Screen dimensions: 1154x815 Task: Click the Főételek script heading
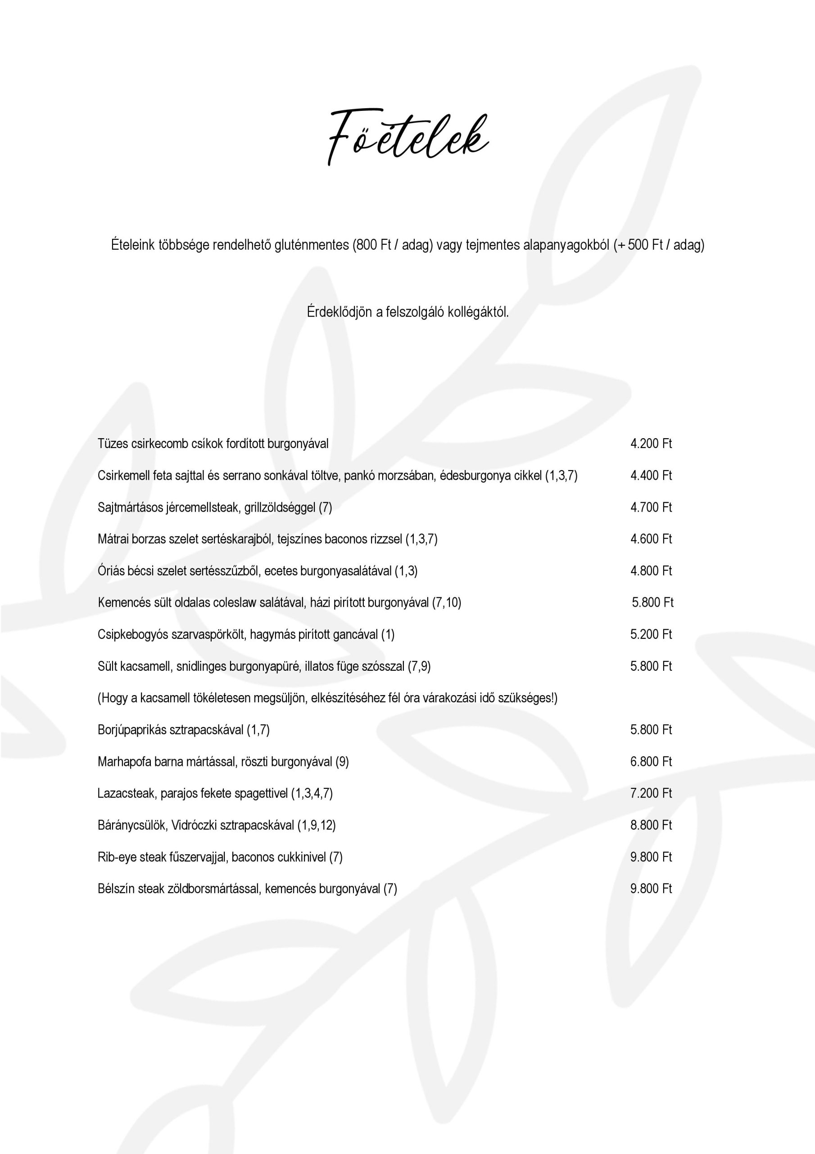[408, 137]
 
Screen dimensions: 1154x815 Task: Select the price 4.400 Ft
[651, 476]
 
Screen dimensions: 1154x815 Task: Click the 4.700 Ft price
[651, 507]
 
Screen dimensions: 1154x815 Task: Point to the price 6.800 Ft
[651, 761]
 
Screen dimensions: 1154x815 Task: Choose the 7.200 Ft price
[651, 793]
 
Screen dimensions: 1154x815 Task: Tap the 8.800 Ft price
[651, 825]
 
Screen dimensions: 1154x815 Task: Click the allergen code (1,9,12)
[317, 825]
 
